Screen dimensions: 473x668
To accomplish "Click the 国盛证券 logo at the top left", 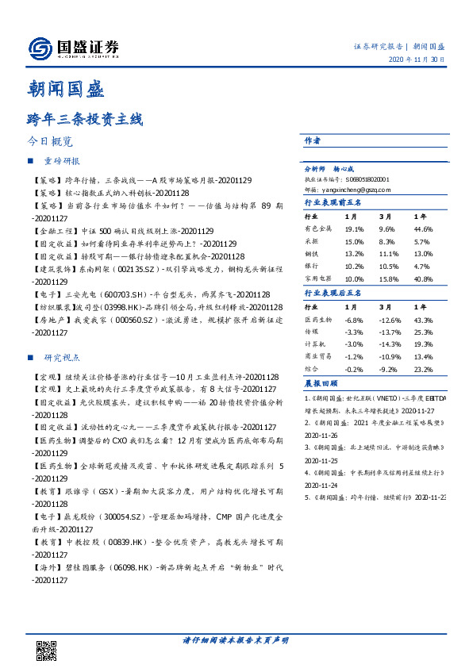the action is (x=74, y=48).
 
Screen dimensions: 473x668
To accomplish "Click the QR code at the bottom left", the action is (x=47, y=650).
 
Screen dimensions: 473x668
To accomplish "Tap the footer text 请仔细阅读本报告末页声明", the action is (x=236, y=641).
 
